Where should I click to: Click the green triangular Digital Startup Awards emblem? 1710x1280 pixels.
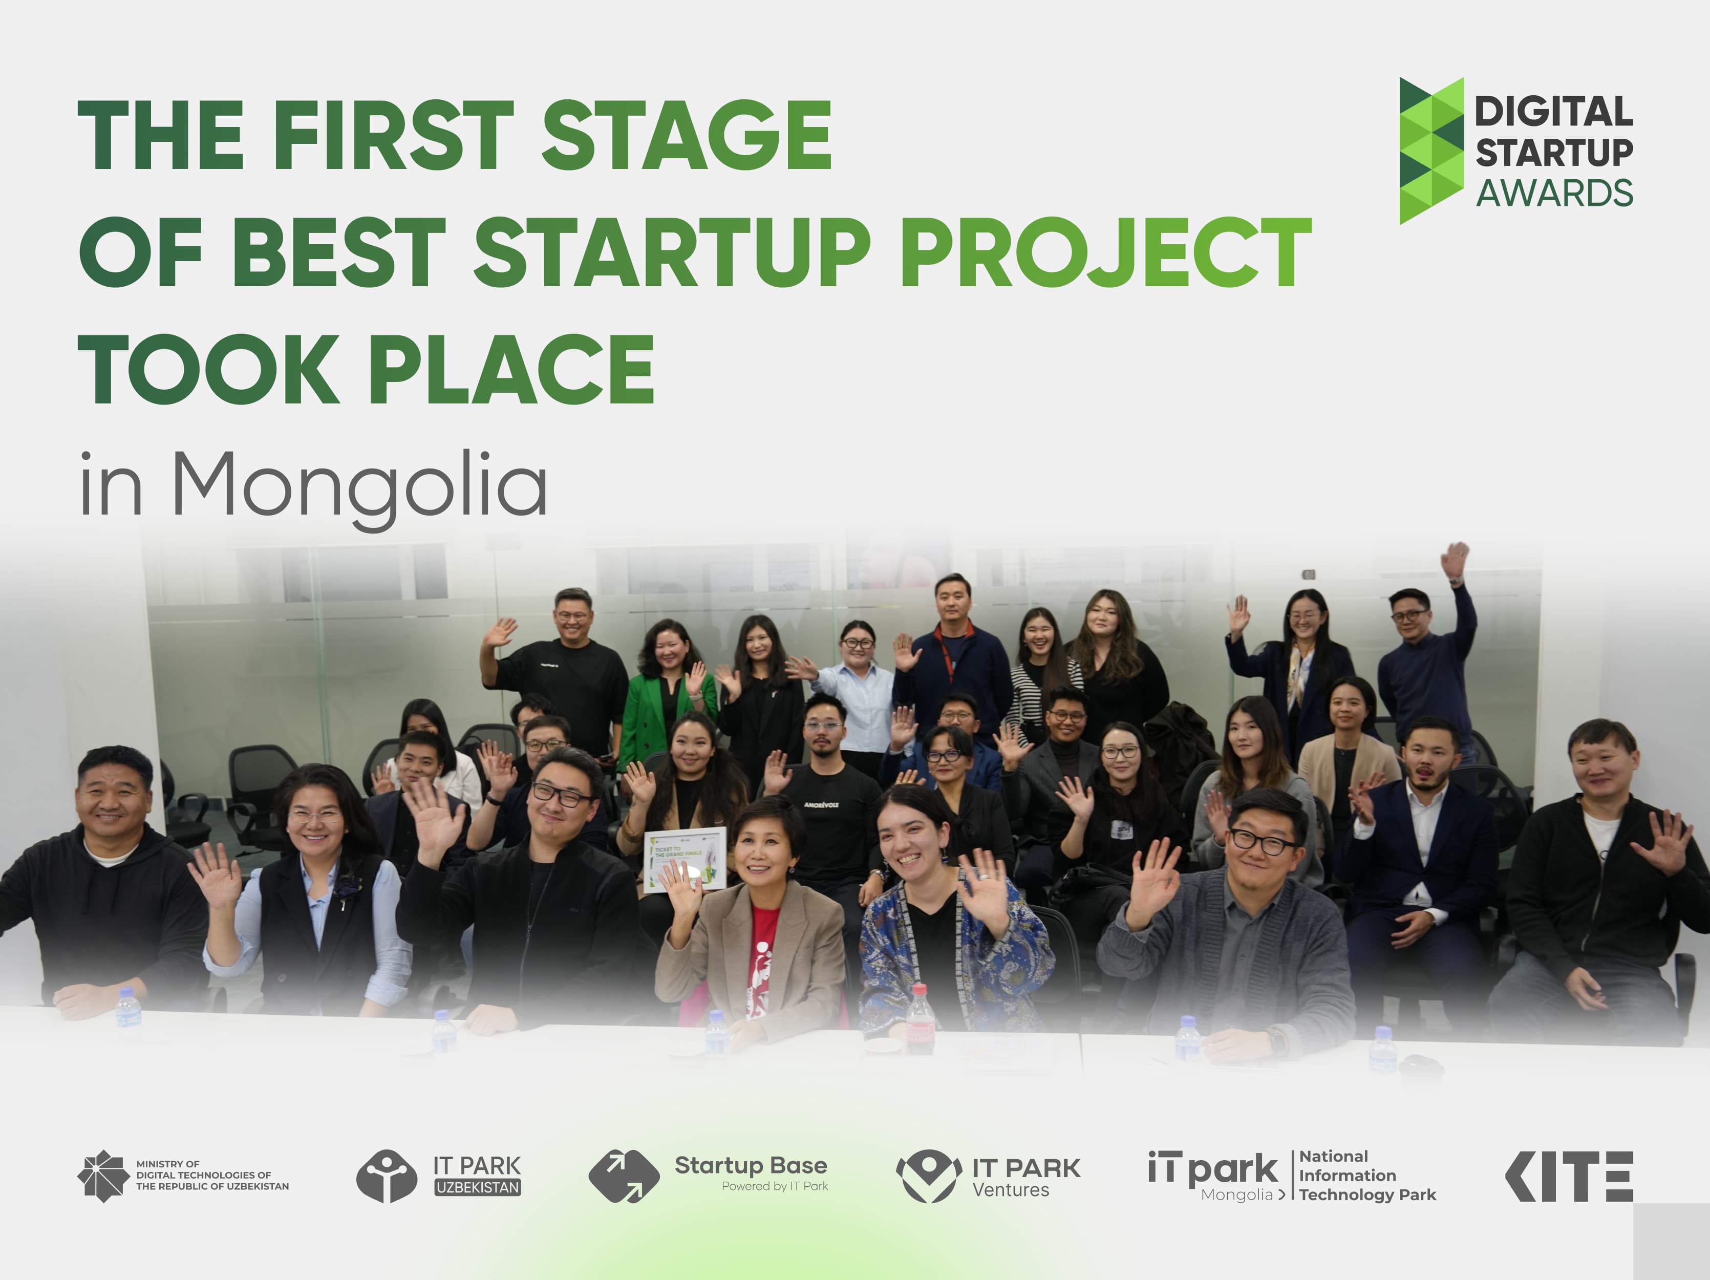coord(1431,151)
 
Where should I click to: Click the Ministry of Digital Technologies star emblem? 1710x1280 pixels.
coord(103,1176)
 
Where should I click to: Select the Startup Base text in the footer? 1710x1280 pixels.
coord(750,1166)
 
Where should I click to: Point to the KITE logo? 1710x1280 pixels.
coord(1569,1176)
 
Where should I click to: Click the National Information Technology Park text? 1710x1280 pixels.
coord(1367,1176)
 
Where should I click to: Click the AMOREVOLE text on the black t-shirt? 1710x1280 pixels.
coord(821,805)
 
